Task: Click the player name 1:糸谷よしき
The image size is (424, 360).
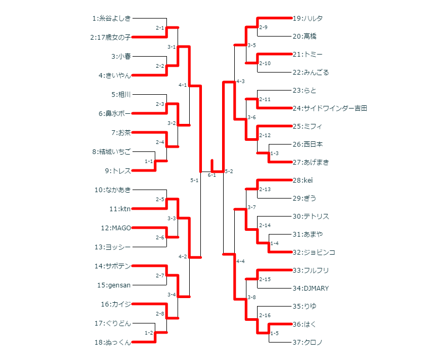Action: point(111,19)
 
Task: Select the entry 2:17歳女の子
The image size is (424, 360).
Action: point(110,38)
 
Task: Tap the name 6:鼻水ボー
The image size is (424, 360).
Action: point(114,114)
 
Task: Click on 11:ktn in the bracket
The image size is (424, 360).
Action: point(120,209)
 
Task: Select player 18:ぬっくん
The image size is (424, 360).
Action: point(112,343)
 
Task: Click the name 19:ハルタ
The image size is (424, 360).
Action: point(307,19)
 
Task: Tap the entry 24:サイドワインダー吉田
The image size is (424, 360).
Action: point(330,109)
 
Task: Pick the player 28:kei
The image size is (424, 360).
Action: point(303,181)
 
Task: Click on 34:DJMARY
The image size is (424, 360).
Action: point(311,289)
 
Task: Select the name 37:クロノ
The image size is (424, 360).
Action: point(307,343)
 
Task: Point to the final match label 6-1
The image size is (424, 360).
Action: point(211,175)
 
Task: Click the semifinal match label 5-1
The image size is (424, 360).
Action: point(194,181)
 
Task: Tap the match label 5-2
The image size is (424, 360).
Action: point(229,172)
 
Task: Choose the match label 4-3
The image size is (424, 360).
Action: point(240,81)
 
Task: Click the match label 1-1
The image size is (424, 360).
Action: point(149,161)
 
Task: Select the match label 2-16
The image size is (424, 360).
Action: point(264,316)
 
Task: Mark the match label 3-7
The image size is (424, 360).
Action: point(251,207)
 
